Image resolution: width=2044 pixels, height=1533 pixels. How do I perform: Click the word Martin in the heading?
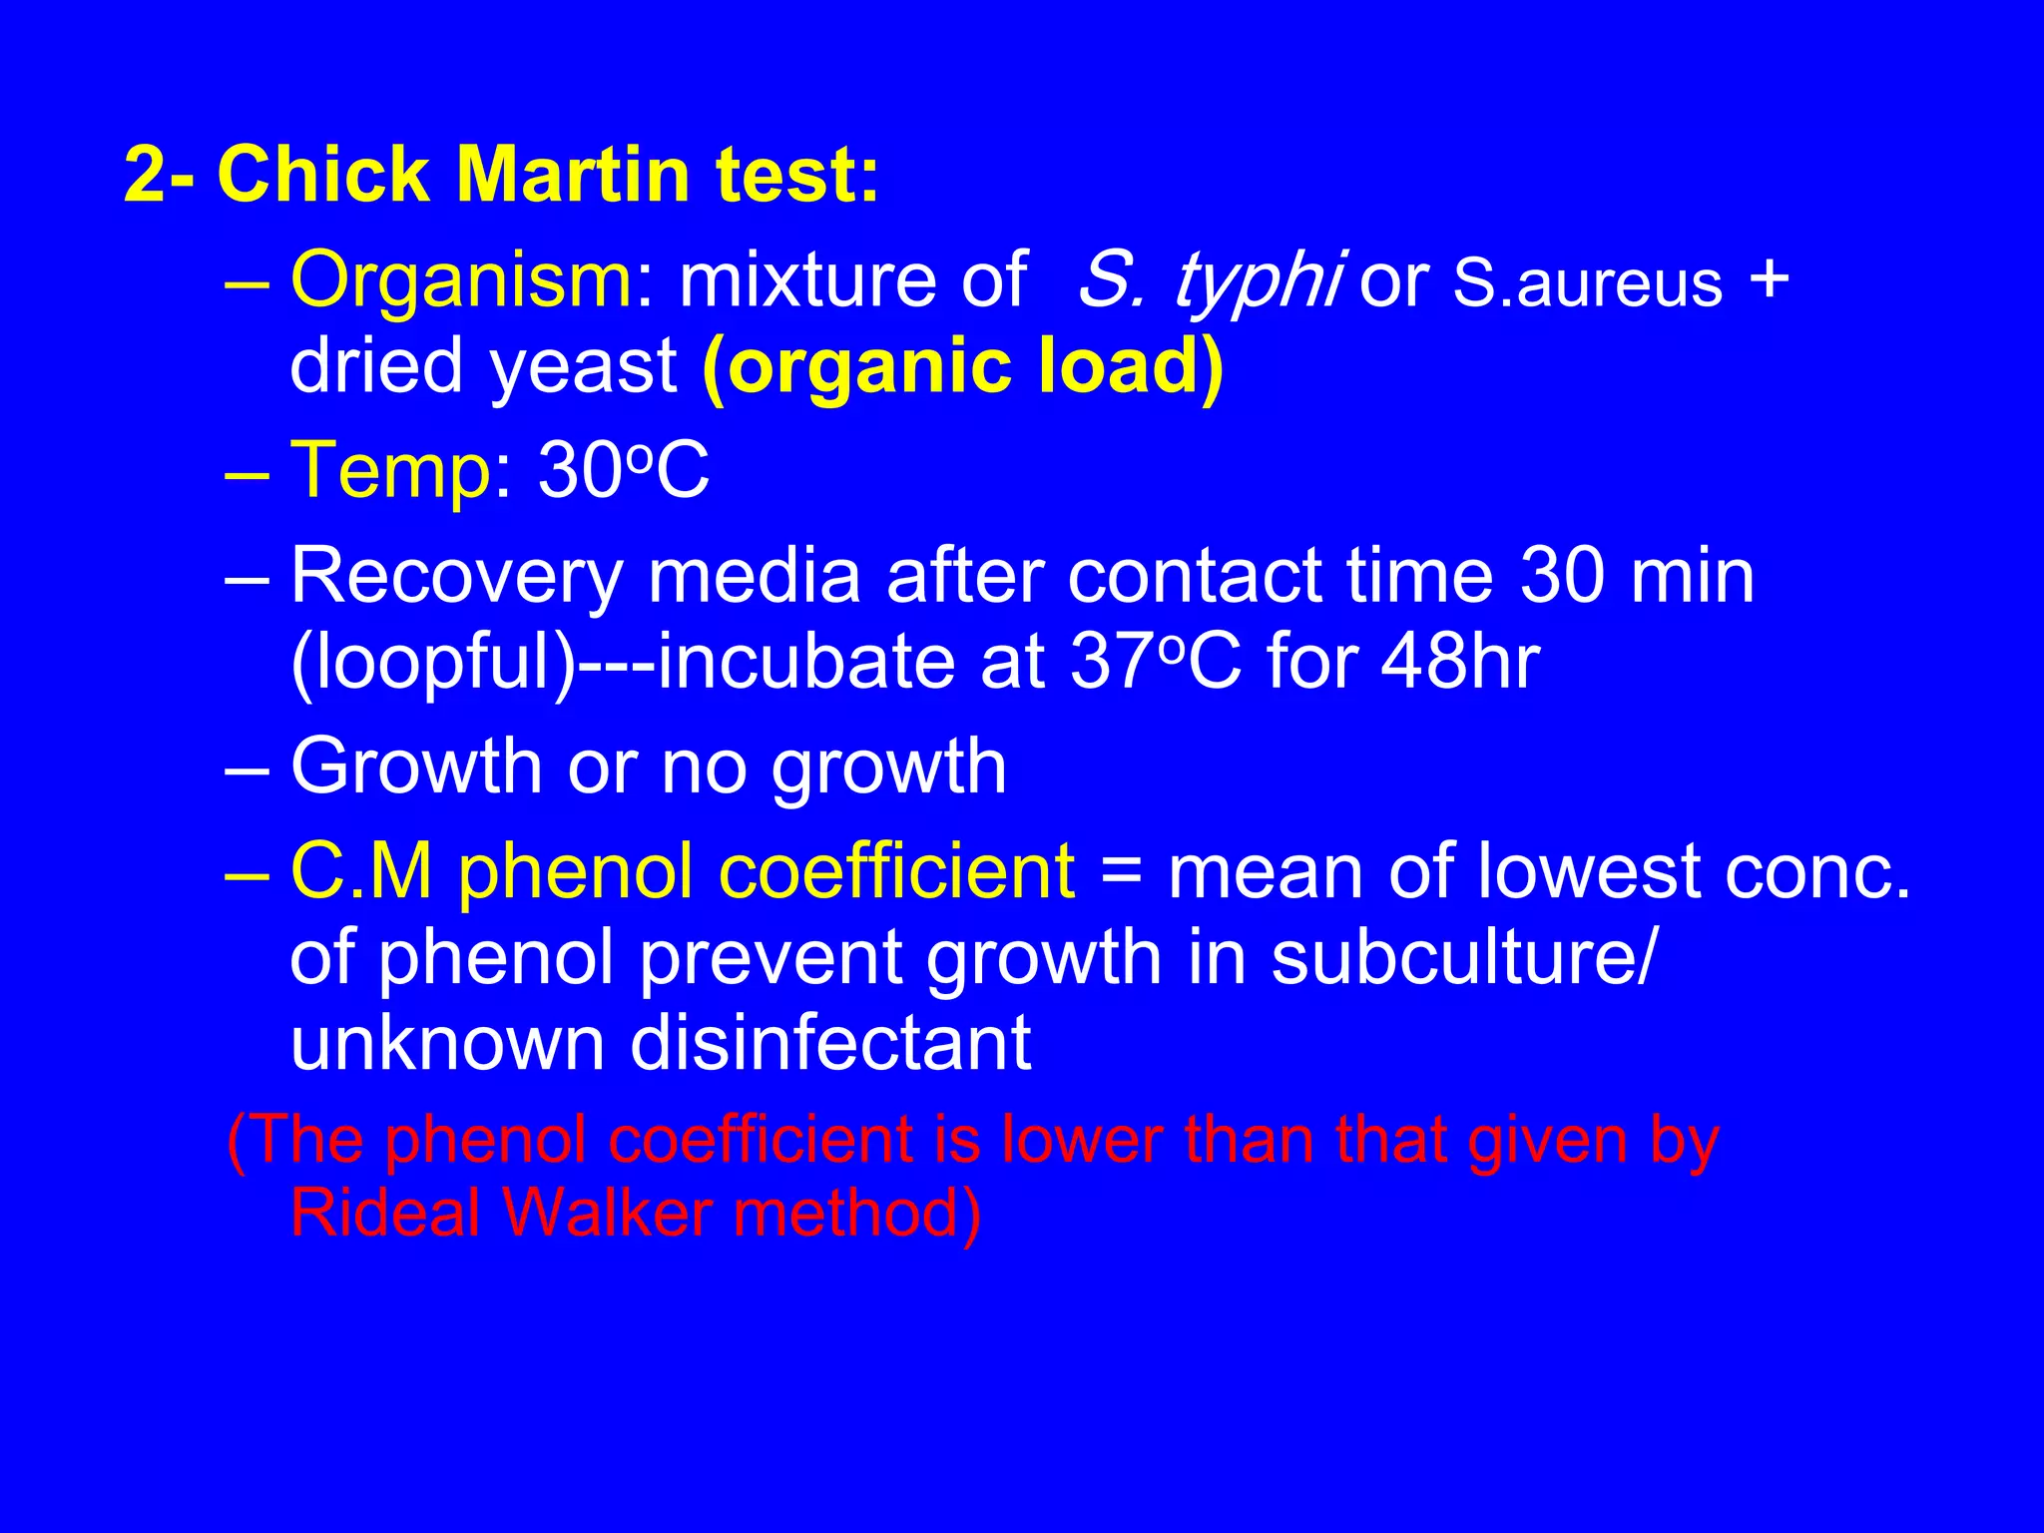[x=572, y=174]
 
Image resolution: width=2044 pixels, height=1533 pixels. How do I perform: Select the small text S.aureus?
[x=1587, y=283]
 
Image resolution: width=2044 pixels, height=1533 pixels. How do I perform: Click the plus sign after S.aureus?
[x=1770, y=279]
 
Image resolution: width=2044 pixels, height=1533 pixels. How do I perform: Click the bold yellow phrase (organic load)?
[x=962, y=365]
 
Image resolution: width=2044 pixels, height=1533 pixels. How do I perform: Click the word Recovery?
[x=456, y=576]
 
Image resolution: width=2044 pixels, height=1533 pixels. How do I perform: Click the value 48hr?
[x=1459, y=661]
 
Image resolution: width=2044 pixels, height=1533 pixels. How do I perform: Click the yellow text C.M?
[x=361, y=870]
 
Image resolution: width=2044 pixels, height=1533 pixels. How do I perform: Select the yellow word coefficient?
[x=896, y=870]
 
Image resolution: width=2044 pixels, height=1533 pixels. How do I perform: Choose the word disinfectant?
[x=829, y=1043]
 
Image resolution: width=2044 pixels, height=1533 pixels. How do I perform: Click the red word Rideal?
[x=385, y=1214]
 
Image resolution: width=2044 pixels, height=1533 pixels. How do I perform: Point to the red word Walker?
[x=608, y=1214]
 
